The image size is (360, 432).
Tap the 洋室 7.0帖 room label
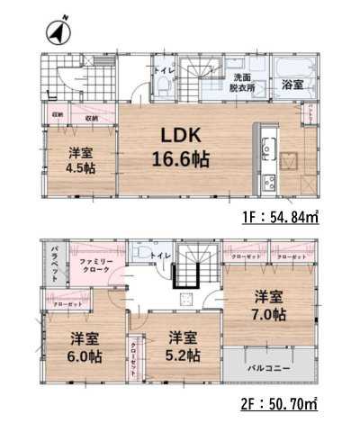tap(269, 307)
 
